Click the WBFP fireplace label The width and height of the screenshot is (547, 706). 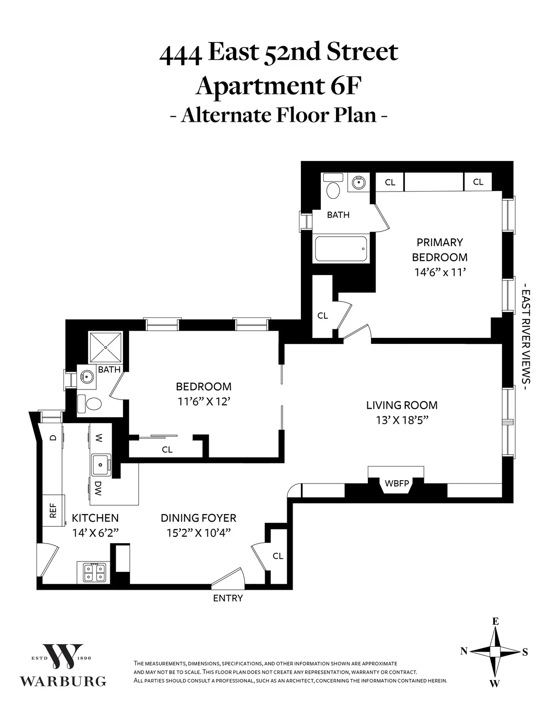click(x=397, y=483)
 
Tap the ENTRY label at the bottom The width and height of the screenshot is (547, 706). click(x=228, y=598)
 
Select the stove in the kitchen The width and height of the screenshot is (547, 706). click(x=94, y=572)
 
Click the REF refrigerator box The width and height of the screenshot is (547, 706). click(x=53, y=510)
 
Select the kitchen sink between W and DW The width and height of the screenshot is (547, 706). click(x=100, y=465)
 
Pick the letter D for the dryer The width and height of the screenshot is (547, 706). click(x=53, y=438)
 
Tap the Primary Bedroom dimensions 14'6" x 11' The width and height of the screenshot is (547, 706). click(x=439, y=272)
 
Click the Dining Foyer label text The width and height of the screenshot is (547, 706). click(x=198, y=518)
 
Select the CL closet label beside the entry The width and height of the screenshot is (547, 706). click(x=278, y=556)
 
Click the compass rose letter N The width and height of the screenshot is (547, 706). click(x=464, y=652)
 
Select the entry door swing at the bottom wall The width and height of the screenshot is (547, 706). click(x=228, y=576)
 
